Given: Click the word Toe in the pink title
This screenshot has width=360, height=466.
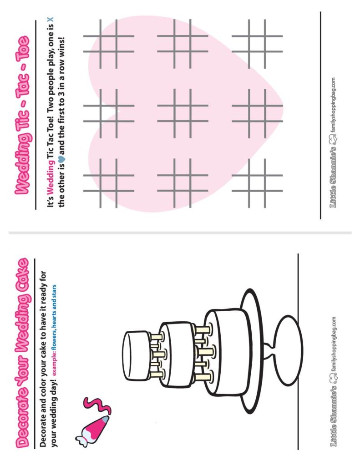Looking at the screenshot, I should click(20, 46).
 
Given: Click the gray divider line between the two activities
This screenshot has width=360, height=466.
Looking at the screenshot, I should click(180, 233).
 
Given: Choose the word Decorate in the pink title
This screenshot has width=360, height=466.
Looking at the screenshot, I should click(20, 421).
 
